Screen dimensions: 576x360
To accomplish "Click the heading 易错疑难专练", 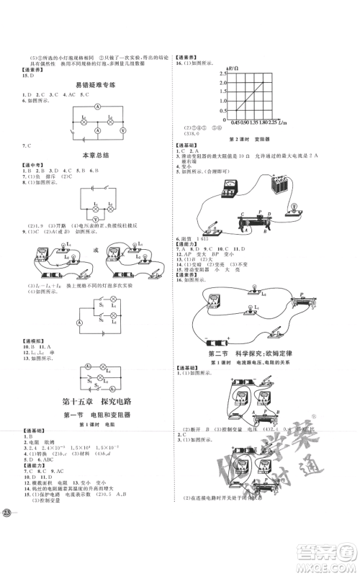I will [x=91, y=85].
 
